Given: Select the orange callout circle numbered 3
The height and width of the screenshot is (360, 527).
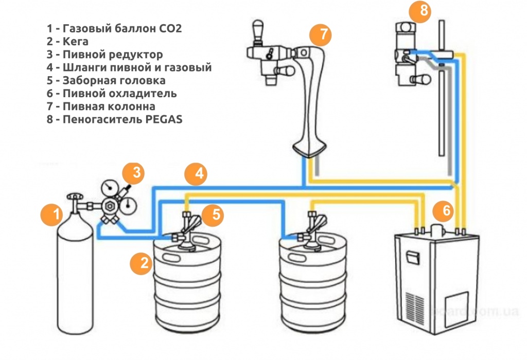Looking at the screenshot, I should pos(136,173).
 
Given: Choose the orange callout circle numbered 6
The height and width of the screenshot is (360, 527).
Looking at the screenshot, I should pos(444,210).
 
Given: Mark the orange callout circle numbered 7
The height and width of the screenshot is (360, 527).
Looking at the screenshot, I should pos(321,34).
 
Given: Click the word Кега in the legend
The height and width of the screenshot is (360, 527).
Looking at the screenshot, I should pos(75,42).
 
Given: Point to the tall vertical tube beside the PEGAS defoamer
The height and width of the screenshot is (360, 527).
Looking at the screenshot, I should pos(442,87).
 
